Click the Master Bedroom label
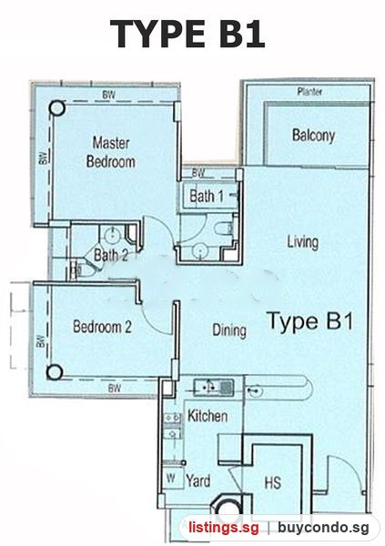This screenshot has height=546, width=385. pyautogui.click(x=111, y=153)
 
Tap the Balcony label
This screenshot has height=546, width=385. pyautogui.click(x=314, y=135)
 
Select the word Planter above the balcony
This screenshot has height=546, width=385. pyautogui.click(x=309, y=92)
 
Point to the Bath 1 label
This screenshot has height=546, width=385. pyautogui.click(x=207, y=196)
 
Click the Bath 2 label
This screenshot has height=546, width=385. pyautogui.click(x=110, y=255)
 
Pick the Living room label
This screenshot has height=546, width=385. pyautogui.click(x=303, y=242)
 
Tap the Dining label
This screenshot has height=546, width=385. pyautogui.click(x=229, y=330)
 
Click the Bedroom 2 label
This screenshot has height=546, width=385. pyautogui.click(x=103, y=327)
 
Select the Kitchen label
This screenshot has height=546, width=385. pyautogui.click(x=208, y=416)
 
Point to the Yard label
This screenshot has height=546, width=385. pyautogui.click(x=198, y=480)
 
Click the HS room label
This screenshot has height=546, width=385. pyautogui.click(x=272, y=483)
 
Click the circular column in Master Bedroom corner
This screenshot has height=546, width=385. pyautogui.click(x=57, y=108)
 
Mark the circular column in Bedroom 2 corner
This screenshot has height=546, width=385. pyautogui.click(x=55, y=372)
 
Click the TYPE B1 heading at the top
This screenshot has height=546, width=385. pyautogui.click(x=187, y=34)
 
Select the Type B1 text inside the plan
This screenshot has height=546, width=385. pyautogui.click(x=310, y=321)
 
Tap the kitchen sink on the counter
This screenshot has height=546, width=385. pyautogui.click(x=214, y=387)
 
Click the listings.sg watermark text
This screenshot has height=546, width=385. pyautogui.click(x=224, y=528)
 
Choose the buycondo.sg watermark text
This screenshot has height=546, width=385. pyautogui.click(x=323, y=528)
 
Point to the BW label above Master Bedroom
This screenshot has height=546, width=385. pyautogui.click(x=108, y=95)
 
